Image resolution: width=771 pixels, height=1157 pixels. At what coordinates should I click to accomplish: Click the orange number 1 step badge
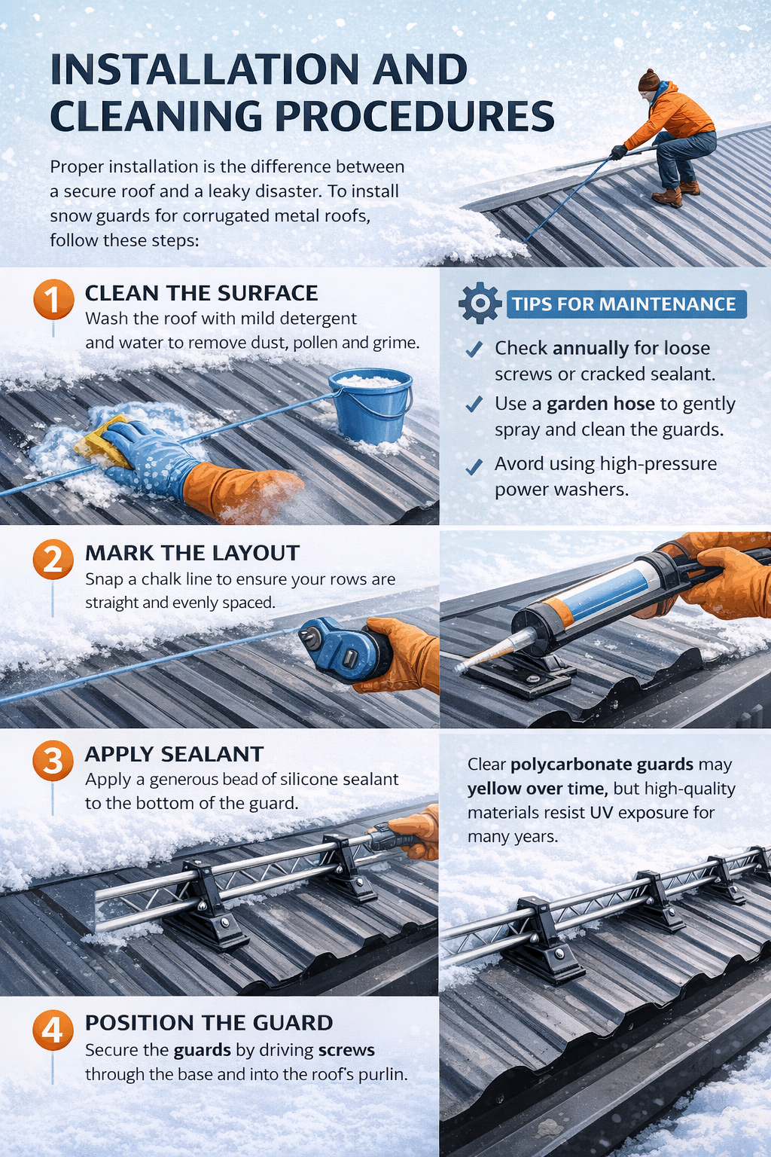point(53,300)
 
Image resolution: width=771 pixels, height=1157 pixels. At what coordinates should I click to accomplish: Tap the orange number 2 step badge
point(53,560)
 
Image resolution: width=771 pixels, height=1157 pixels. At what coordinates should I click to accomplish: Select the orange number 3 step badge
point(53,761)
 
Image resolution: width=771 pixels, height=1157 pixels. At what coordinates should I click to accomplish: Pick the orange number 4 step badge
point(53,1030)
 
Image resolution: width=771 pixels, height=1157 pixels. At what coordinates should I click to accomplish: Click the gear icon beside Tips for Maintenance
point(480,304)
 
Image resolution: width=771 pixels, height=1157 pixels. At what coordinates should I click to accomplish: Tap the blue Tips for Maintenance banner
point(625,304)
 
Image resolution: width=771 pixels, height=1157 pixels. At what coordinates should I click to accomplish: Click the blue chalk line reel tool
point(339,650)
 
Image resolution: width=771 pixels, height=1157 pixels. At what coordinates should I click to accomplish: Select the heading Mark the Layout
point(192,553)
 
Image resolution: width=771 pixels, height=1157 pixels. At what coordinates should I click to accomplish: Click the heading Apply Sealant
point(174,754)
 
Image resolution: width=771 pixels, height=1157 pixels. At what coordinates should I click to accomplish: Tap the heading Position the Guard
point(209,1023)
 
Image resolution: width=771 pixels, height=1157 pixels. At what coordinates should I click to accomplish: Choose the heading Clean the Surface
point(201,293)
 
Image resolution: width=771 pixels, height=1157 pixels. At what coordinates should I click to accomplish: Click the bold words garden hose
point(600,404)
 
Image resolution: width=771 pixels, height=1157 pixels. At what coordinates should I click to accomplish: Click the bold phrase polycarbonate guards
point(602,765)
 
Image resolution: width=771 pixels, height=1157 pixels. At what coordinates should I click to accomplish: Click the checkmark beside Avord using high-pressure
point(474,468)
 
